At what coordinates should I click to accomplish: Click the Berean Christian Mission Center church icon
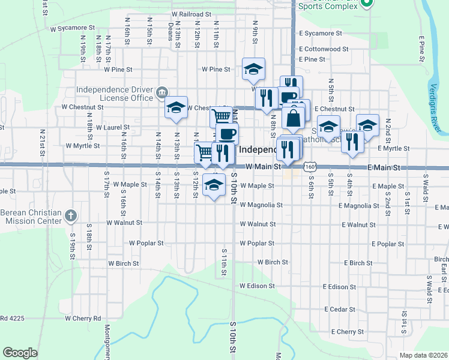pyautogui.click(x=70, y=215)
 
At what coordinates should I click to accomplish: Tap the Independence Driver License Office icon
pyautogui.click(x=161, y=93)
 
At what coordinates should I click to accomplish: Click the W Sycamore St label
pyautogui.click(x=73, y=28)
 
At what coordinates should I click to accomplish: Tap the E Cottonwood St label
pyautogui.click(x=323, y=49)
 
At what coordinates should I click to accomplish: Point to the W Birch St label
pyautogui.click(x=123, y=263)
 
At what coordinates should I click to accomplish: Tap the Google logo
pyautogui.click(x=20, y=353)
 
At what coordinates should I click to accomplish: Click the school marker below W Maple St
pyautogui.click(x=213, y=184)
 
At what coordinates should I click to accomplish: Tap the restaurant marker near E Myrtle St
pyautogui.click(x=353, y=141)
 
